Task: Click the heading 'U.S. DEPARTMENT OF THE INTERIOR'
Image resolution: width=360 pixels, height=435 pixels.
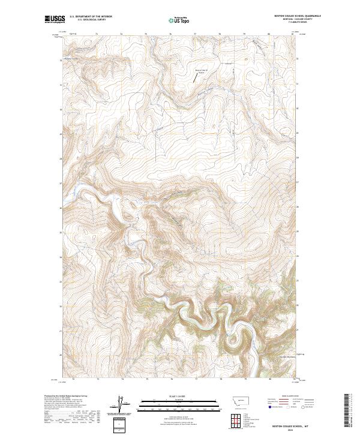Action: [x=91, y=17]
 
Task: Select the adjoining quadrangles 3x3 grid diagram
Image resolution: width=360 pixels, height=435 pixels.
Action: [x=238, y=419]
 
